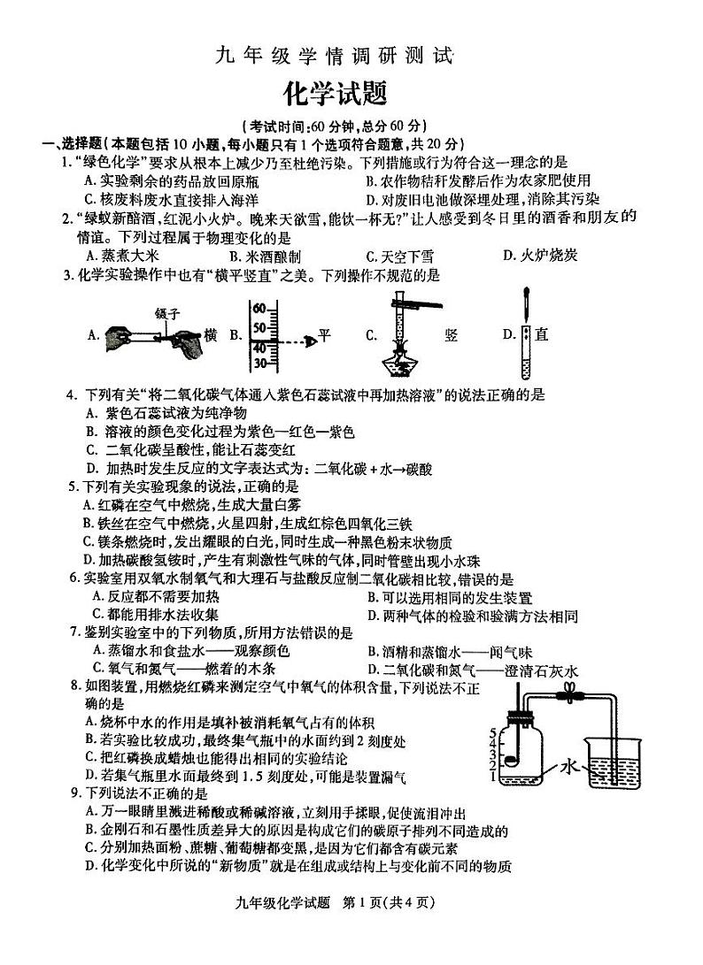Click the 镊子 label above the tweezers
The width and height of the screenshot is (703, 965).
click(167, 312)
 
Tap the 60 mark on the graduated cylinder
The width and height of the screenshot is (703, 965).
click(259, 309)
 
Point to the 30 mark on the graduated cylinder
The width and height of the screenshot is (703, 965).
click(259, 362)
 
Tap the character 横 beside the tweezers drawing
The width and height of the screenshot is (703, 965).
click(210, 334)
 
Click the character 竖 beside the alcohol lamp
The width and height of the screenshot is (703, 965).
click(452, 334)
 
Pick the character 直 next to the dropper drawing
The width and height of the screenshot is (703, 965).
click(542, 334)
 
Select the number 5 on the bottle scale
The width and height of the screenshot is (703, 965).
click(492, 733)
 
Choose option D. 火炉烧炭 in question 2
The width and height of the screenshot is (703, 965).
click(539, 256)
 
